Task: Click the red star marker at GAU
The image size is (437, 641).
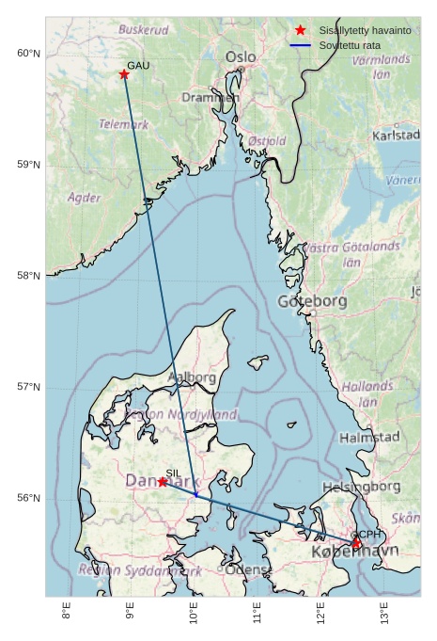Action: click(124, 74)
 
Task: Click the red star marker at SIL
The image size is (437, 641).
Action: click(163, 481)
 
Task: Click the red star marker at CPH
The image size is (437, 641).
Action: click(356, 543)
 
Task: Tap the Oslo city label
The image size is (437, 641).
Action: click(240, 57)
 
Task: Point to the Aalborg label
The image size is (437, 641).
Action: click(192, 377)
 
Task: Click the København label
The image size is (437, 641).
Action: click(354, 551)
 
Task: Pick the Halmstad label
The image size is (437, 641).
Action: click(369, 438)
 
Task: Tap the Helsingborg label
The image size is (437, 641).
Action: click(362, 487)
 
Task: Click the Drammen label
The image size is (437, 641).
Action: click(211, 97)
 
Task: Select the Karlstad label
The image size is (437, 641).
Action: click(396, 136)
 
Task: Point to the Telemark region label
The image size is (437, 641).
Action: click(123, 124)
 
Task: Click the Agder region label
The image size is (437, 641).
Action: click(85, 198)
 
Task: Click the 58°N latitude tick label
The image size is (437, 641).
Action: click(28, 276)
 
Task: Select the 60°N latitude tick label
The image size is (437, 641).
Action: click(28, 54)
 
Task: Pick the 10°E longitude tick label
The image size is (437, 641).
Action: click(194, 612)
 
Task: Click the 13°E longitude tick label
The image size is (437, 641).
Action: click(384, 612)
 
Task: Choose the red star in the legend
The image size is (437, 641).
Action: click(301, 30)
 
